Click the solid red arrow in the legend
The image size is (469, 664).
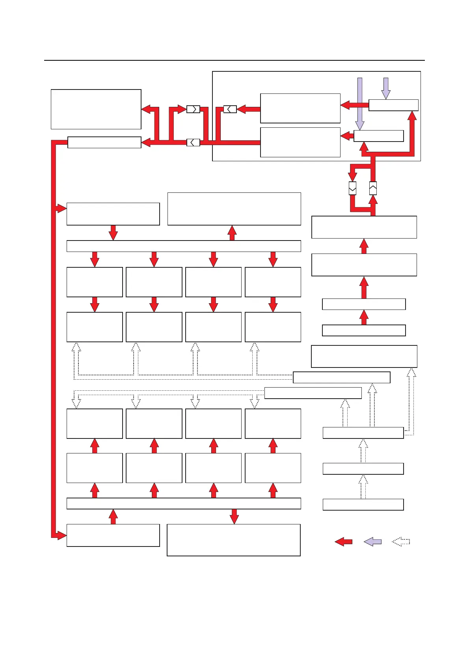(344, 542)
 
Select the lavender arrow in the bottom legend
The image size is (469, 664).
(372, 542)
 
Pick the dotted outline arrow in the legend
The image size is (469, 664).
(401, 542)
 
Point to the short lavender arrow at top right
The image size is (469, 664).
(386, 88)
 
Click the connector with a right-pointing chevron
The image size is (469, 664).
(193, 109)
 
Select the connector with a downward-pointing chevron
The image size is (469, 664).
(353, 188)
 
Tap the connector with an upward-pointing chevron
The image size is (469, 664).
(373, 188)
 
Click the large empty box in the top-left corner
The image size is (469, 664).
(96, 109)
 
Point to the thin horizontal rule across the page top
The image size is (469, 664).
(234, 60)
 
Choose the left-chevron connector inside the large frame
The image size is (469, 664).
(230, 109)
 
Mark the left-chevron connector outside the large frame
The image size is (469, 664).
(193, 142)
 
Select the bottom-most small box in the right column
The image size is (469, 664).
(363, 505)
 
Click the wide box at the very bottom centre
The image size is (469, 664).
(234, 540)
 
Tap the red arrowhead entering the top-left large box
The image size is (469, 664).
(146, 109)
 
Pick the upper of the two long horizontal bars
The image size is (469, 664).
(184, 246)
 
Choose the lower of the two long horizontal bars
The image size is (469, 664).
(184, 504)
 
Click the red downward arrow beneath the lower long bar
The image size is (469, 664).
(234, 517)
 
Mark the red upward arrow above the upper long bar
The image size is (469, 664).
(232, 233)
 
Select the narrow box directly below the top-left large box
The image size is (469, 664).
(104, 142)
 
